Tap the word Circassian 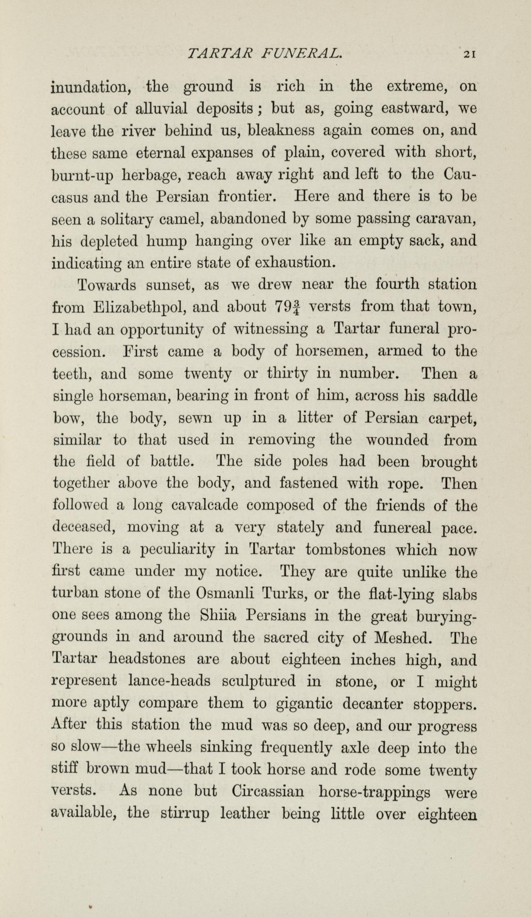(x=268, y=793)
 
